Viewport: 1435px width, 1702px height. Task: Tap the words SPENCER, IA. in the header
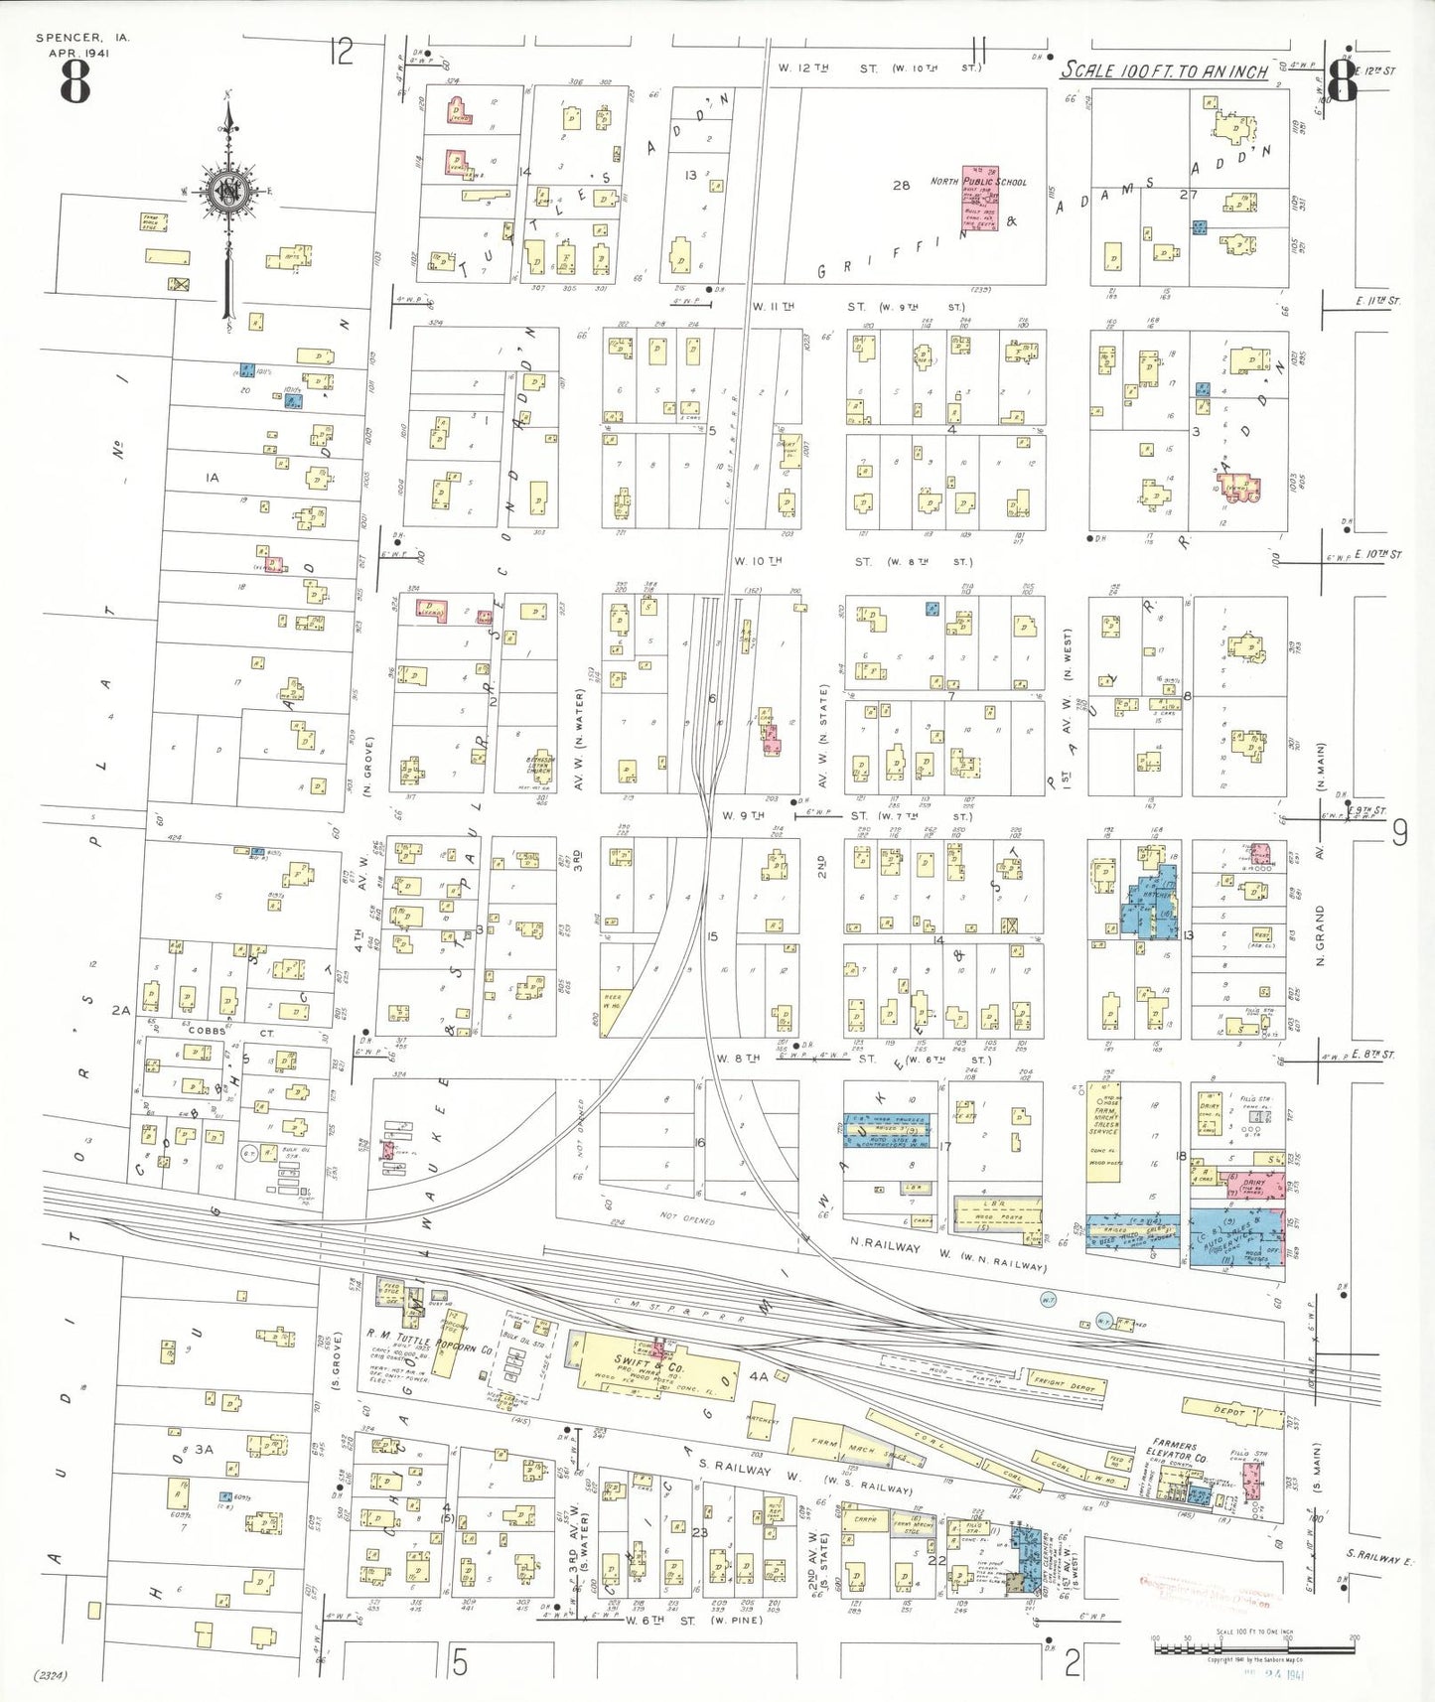tap(82, 38)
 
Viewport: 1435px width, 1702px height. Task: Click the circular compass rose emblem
tap(229, 191)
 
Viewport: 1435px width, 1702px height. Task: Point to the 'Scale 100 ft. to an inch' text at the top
tap(1164, 70)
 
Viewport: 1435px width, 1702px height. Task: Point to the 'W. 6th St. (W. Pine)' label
tap(693, 1621)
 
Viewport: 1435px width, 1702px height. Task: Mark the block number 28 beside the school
tap(901, 185)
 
